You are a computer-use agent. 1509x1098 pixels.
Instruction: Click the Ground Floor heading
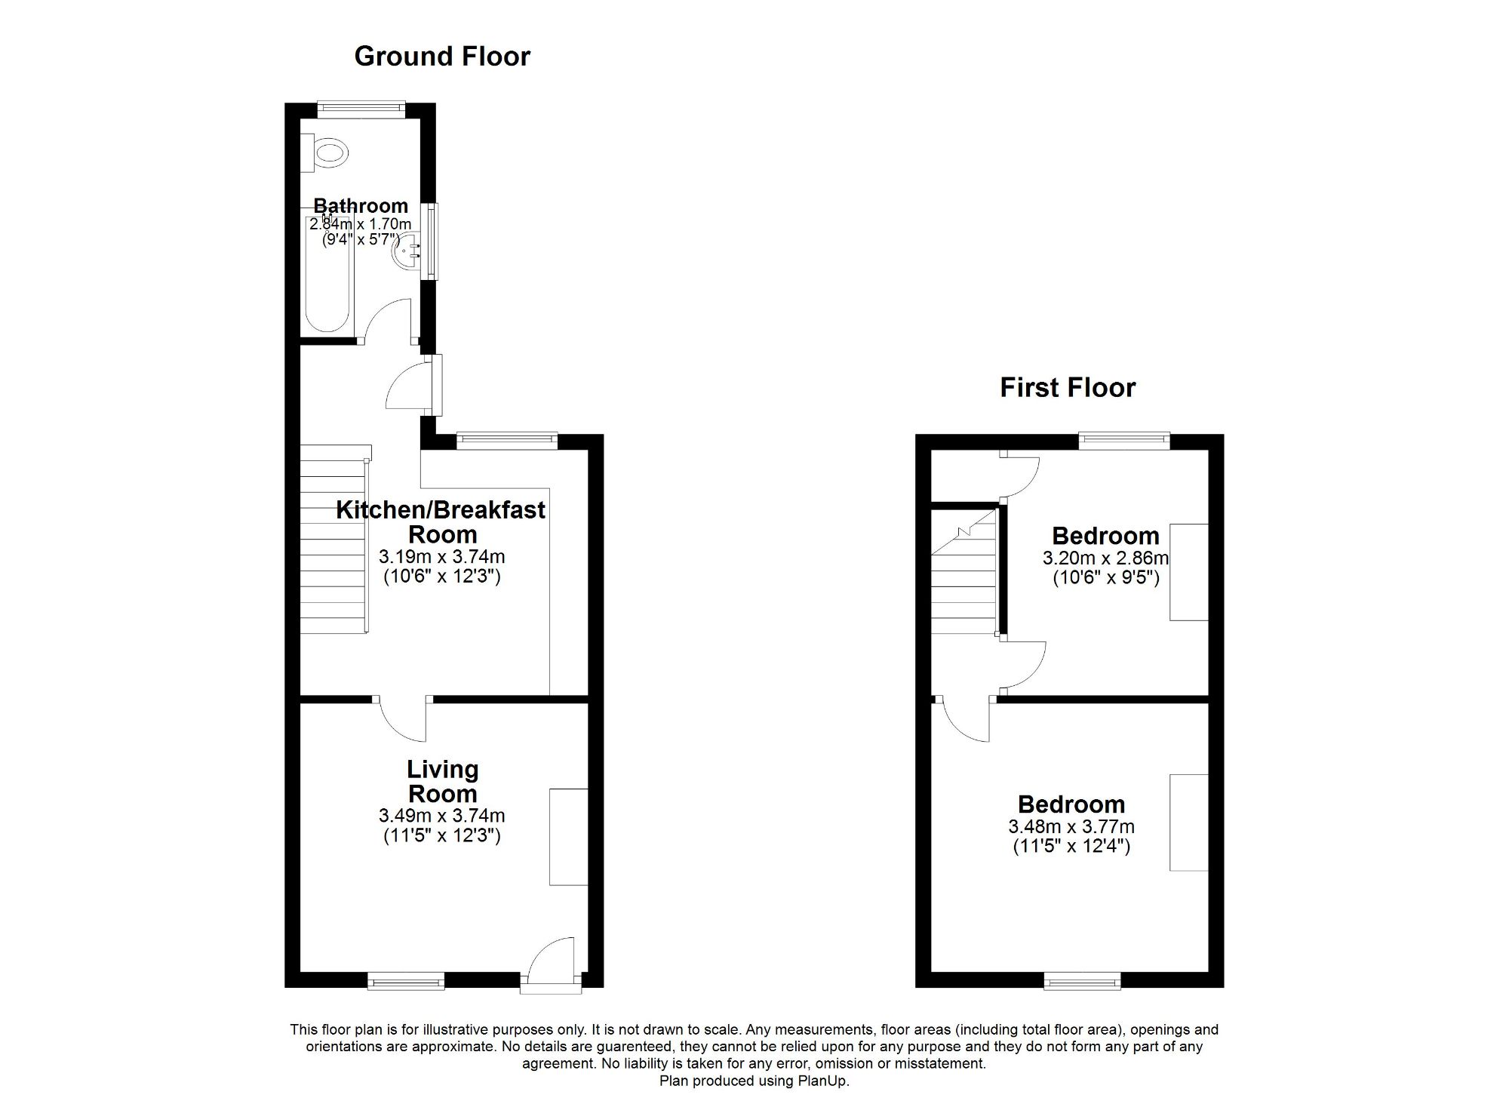442,57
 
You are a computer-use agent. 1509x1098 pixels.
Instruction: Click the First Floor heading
1067,388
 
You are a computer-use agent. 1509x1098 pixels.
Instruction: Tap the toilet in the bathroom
327,153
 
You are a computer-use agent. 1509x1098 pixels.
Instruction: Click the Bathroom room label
361,205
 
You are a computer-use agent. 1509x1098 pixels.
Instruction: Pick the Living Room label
442,781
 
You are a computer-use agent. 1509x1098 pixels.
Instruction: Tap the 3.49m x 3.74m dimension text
442,816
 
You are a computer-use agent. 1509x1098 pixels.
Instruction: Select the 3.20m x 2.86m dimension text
1105,558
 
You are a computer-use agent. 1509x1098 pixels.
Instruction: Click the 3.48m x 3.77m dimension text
1071,827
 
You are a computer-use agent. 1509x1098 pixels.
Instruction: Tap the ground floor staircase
333,540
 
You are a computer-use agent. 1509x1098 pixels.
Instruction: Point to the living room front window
406,981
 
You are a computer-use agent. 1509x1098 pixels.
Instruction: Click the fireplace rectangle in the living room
568,836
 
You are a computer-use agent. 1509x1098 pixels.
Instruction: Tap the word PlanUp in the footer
824,1081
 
